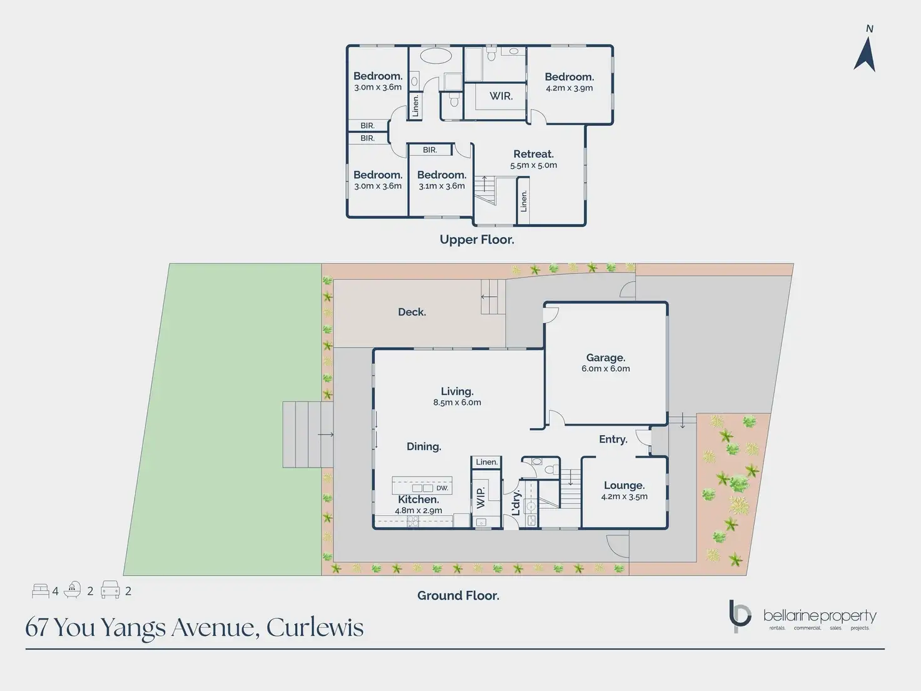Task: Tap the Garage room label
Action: click(605, 358)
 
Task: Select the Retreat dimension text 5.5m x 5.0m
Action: click(533, 165)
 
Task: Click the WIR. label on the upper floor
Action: click(501, 96)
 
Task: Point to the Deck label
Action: click(412, 312)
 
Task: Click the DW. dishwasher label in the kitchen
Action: click(442, 488)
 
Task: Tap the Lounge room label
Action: click(624, 486)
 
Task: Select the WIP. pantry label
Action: click(481, 498)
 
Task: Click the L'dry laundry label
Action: click(516, 503)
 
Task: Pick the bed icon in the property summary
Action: click(40, 591)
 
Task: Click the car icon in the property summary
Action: click(110, 590)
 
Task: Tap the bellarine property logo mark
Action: click(740, 616)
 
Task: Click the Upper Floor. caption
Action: click(477, 240)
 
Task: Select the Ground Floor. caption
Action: click(458, 596)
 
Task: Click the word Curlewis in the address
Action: click(315, 628)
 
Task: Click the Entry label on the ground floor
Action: click(613, 439)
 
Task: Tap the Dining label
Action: click(424, 447)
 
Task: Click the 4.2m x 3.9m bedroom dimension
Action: click(569, 88)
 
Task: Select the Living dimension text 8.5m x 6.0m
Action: click(457, 403)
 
